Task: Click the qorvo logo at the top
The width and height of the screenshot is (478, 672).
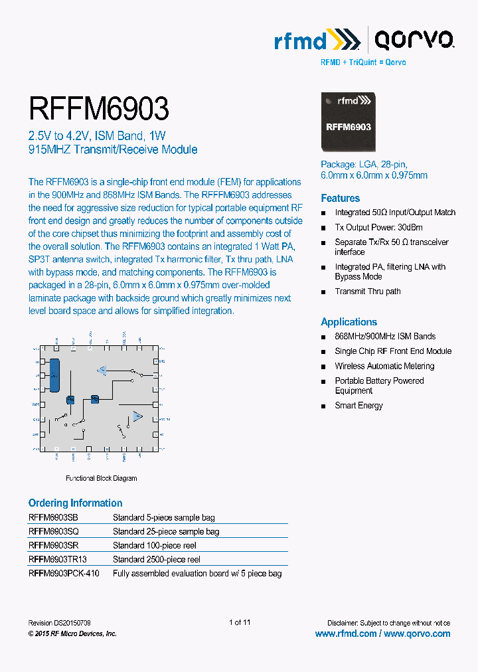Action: coord(414,42)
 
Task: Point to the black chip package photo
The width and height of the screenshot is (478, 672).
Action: coord(348,124)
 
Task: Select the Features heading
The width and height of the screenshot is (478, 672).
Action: coord(340,198)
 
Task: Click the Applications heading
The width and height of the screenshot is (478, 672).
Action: coord(349,322)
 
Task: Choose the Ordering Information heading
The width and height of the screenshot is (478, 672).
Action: coord(75,503)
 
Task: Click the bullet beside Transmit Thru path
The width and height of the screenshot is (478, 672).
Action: coord(324,292)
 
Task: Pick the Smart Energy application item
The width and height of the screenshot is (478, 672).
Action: coord(358,406)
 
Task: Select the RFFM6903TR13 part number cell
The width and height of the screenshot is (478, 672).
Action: coord(58,560)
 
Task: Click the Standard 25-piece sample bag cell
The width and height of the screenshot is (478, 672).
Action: coord(165,532)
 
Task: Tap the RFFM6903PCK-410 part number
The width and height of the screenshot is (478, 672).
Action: coord(64,574)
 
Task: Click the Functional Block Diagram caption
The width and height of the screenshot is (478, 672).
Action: coord(101,478)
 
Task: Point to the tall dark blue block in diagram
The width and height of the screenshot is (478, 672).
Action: coord(55,376)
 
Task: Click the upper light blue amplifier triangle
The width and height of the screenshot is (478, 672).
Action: coord(102,370)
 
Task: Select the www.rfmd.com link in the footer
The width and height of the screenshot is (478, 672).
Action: coord(345,634)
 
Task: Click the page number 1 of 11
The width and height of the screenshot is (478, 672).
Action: coord(239,623)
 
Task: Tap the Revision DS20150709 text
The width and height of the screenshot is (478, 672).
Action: coord(60,624)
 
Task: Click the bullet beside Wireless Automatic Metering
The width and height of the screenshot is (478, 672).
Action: coord(324,367)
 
